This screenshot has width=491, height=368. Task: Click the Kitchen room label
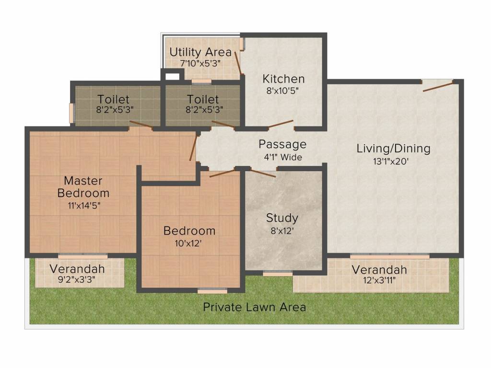coord(283,79)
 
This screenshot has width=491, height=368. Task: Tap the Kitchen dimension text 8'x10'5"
coord(282,91)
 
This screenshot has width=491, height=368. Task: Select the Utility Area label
coord(200,52)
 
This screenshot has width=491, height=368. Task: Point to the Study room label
coord(282,218)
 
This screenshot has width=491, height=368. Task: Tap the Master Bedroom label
coord(83,187)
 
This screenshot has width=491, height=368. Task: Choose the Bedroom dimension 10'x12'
coord(188,243)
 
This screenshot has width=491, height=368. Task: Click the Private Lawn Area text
coord(254,307)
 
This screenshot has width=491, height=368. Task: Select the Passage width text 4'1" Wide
coord(283,157)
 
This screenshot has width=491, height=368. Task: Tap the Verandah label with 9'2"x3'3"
coord(77,269)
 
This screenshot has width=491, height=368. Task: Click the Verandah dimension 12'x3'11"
coord(379,280)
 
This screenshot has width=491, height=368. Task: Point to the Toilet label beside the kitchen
coord(203,99)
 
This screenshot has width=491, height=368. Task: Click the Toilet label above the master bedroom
coord(113,99)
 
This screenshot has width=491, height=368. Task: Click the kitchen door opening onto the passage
coord(281,124)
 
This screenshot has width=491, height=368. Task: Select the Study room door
coord(263,173)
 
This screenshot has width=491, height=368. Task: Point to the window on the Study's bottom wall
coord(278,274)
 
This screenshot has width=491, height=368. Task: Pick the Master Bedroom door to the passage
coord(193,149)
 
